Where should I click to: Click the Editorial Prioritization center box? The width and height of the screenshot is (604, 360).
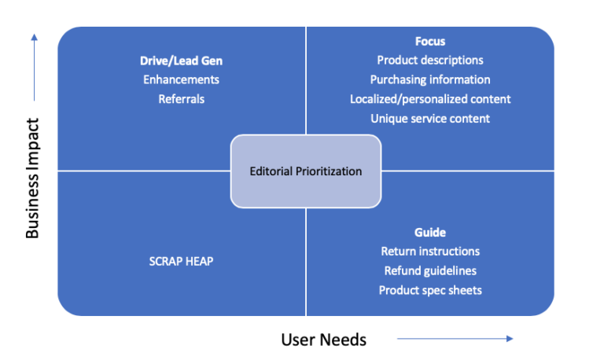305,171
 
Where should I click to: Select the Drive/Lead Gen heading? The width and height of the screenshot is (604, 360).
181,60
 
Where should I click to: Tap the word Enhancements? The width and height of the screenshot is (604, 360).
181,79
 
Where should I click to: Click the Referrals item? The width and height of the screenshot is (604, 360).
181,99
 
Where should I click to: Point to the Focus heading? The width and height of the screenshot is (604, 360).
430,41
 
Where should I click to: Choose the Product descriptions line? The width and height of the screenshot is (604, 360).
430,60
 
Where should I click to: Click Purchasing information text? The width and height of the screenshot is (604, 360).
430,79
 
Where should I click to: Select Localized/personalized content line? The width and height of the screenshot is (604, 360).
430,99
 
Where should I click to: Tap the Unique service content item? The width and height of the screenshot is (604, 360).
430,119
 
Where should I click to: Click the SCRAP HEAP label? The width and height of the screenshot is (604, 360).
181,261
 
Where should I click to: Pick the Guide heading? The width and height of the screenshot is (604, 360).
430,232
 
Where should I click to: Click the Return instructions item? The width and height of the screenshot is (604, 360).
430,252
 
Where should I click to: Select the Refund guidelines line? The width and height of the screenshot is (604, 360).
430,271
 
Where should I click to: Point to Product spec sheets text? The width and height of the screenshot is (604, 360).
430,290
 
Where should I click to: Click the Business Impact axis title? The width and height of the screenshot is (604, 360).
33,178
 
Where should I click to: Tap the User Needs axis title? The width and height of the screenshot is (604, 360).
323,340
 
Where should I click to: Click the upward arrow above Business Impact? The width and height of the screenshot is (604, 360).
33,67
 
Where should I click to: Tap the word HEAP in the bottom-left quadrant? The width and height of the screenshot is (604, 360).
199,261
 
